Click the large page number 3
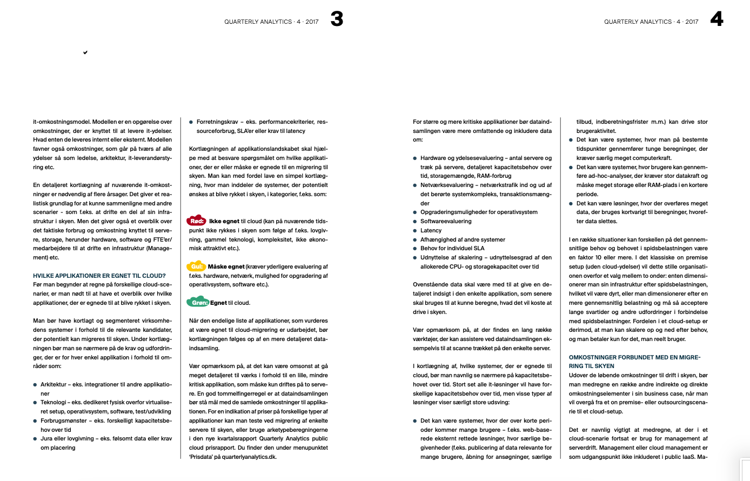[337, 19]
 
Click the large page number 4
[716, 19]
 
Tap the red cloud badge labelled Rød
[197, 221]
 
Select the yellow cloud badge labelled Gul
[196, 266]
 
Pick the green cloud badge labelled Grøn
[198, 302]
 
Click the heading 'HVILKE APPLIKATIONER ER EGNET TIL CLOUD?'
[99, 276]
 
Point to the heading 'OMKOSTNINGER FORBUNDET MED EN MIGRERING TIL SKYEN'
[634, 362]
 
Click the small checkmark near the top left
[85, 52]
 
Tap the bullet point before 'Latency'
[415, 230]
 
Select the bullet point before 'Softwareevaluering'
[415, 222]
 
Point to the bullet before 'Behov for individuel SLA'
[415, 249]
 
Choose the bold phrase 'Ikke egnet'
[224, 222]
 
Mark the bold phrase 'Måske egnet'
[226, 266]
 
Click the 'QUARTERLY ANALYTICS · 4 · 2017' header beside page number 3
[271, 22]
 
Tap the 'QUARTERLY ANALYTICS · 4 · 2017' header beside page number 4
[651, 22]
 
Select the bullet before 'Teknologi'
[35, 403]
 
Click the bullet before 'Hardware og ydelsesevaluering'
[415, 158]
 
